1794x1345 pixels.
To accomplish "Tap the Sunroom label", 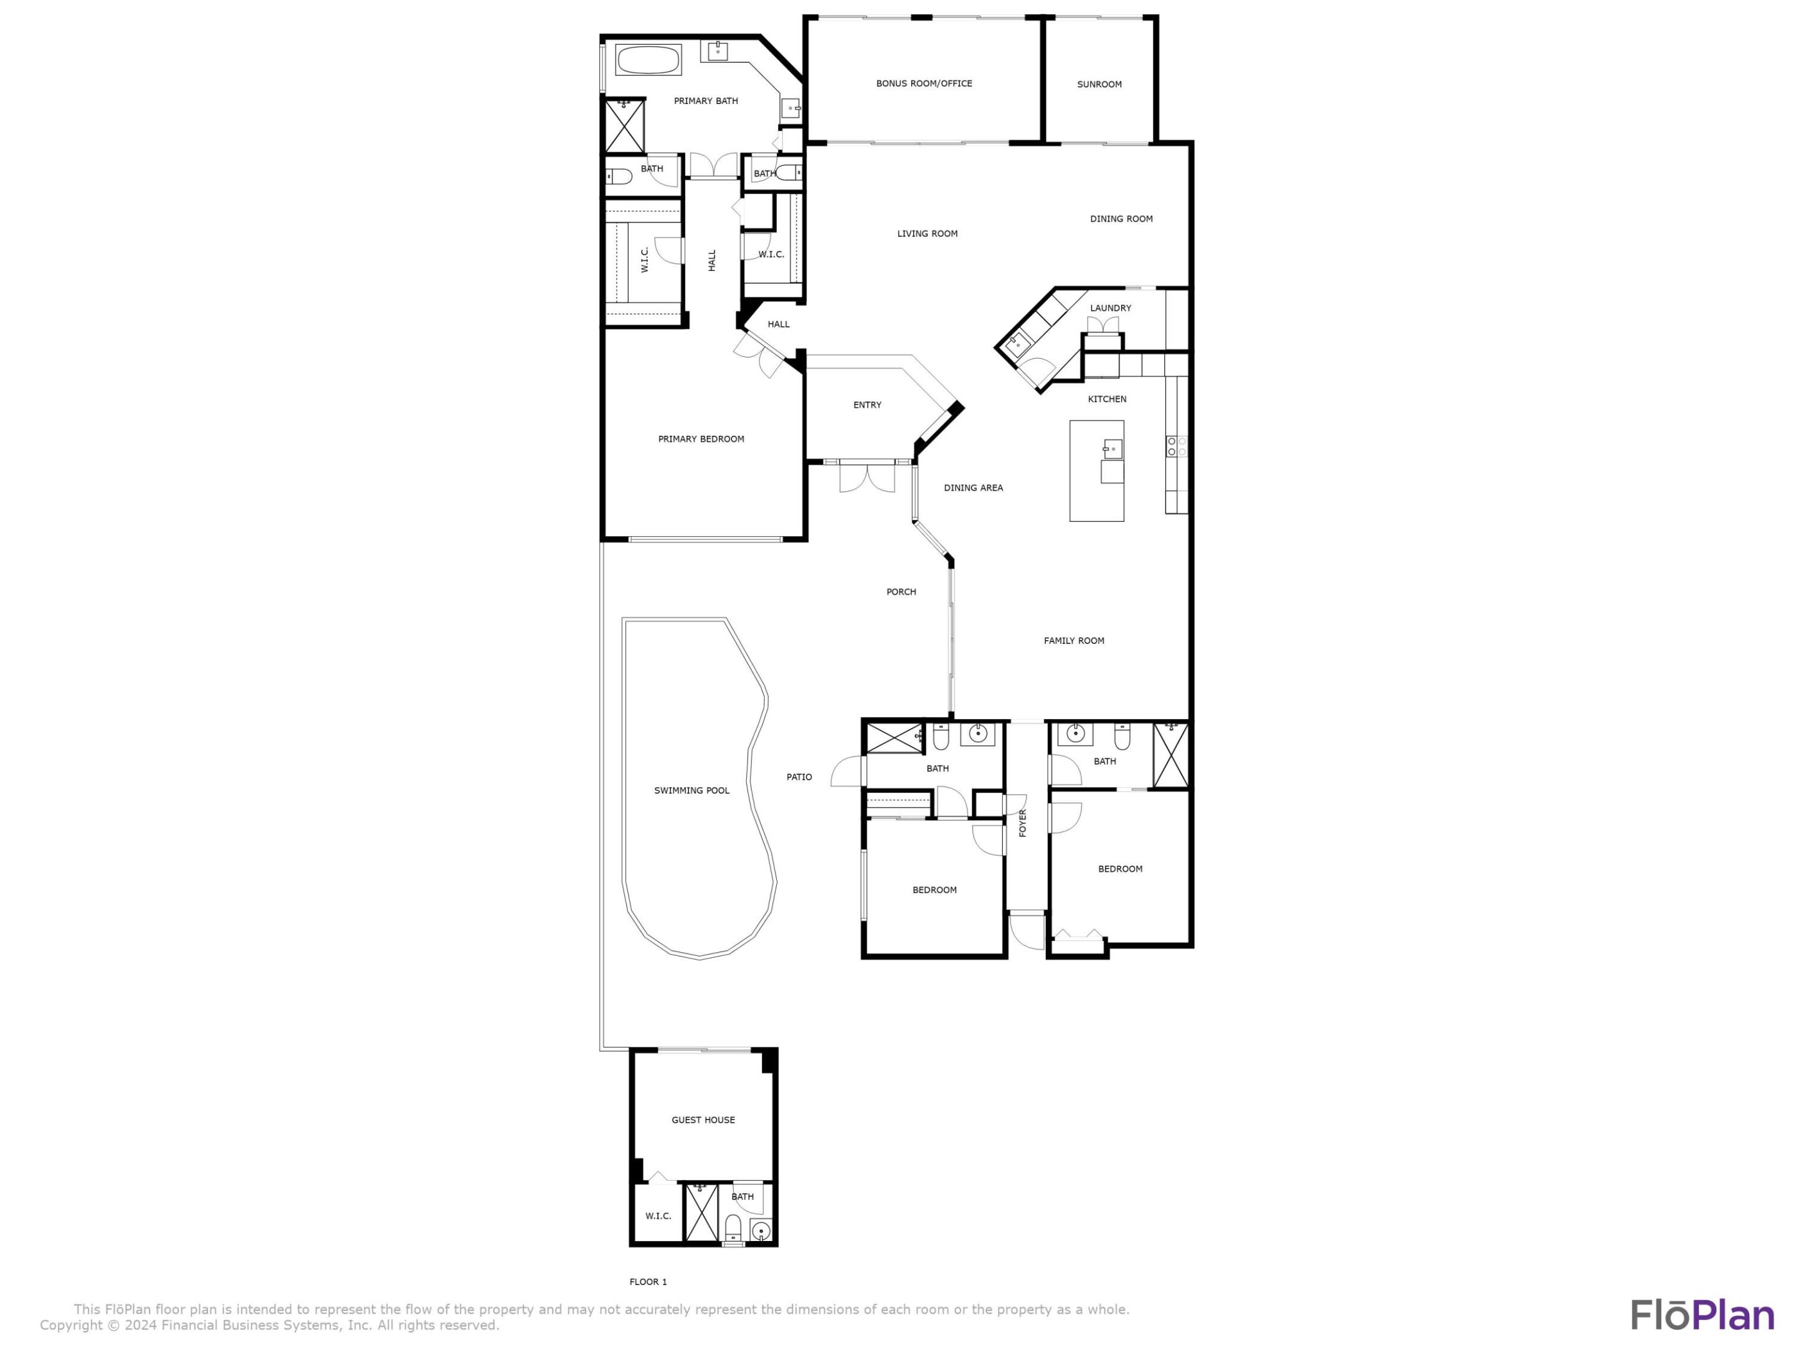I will click(1099, 84).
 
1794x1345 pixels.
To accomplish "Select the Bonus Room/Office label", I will click(924, 83).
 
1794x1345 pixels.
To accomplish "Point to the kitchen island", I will click(1096, 470).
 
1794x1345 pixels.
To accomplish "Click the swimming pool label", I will click(692, 790).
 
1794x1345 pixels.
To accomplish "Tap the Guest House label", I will click(703, 1120).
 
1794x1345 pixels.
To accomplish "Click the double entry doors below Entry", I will click(867, 477).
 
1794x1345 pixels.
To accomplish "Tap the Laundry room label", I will click(1110, 308).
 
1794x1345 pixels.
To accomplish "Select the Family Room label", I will click(1074, 641).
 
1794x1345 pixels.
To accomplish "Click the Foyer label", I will click(1023, 823).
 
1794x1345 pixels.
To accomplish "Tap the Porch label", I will click(901, 592).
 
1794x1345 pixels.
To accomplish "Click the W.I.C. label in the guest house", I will click(658, 1216).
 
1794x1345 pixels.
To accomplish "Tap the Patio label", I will click(799, 776).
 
